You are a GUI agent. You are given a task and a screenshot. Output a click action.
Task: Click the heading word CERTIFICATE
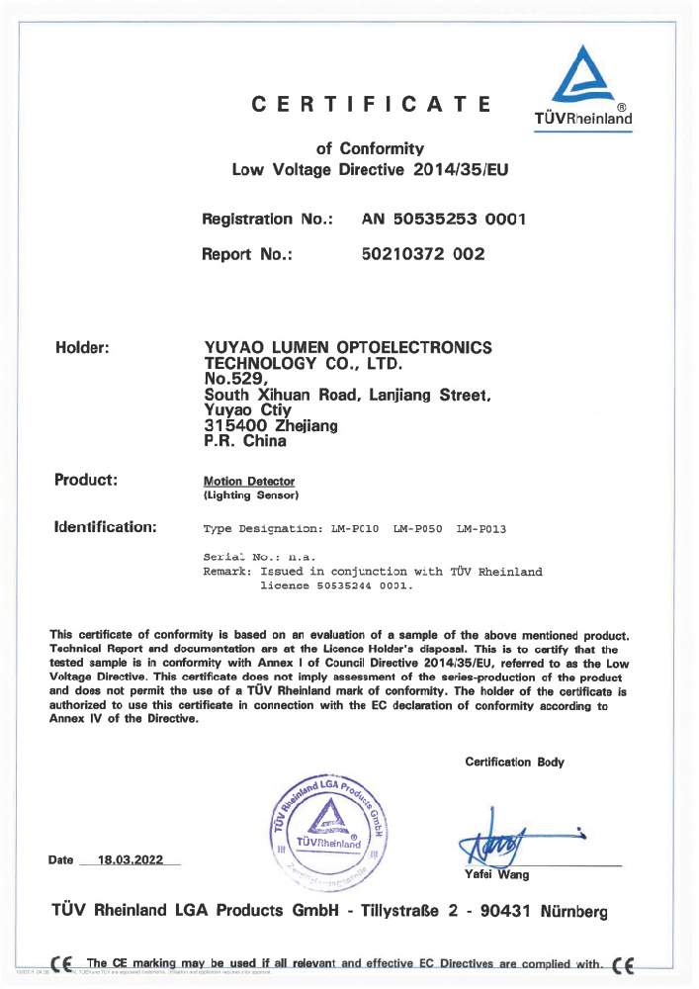click(371, 104)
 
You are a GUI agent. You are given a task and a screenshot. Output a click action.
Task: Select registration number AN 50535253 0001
click(444, 219)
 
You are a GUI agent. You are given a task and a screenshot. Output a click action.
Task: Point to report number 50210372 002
click(425, 254)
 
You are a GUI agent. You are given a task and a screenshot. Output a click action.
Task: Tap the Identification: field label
click(105, 527)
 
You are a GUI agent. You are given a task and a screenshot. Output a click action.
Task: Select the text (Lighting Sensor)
click(250, 494)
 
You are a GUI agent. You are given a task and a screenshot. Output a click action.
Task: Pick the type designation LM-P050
click(417, 530)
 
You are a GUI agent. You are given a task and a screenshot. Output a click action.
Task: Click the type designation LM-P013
click(481, 530)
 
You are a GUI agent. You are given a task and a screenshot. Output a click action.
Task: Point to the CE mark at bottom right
click(625, 964)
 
